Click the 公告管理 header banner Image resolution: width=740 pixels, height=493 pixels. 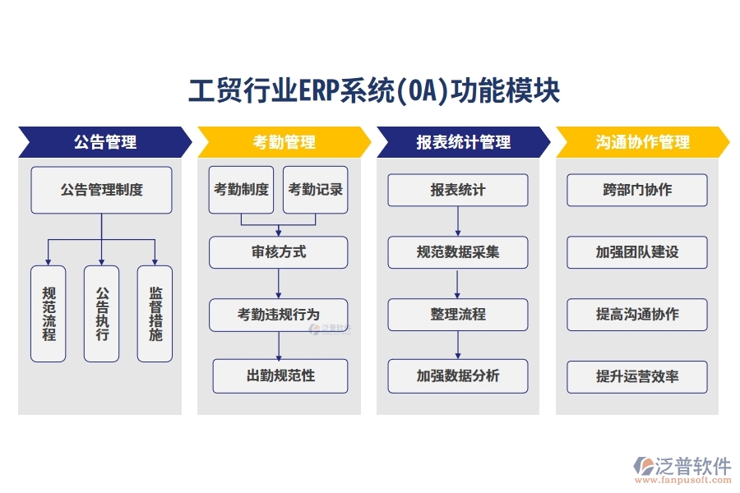104,142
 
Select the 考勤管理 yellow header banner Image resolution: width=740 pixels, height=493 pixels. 284,142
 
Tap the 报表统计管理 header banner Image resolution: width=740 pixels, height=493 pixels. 463,142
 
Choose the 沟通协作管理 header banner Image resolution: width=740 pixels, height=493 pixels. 642,142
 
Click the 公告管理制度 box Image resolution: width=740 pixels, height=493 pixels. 101,190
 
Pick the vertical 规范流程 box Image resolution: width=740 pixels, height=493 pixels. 49,313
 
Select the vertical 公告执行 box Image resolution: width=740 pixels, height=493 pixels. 101,313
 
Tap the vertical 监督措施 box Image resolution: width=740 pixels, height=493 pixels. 155,313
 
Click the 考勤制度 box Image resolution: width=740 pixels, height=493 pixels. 241,190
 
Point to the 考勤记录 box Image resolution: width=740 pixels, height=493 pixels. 315,190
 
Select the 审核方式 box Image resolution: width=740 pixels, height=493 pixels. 278,252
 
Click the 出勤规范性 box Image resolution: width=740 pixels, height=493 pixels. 280,376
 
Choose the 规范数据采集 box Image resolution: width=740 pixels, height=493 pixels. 458,252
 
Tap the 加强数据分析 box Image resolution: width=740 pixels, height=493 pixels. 458,376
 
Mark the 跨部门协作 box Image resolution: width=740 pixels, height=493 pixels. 637,190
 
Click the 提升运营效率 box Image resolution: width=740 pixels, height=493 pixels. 637,376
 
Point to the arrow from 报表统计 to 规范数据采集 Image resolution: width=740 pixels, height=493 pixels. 458,221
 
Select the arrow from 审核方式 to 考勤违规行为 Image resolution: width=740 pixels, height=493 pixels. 279,283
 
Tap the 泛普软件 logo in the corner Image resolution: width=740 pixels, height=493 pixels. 682,469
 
